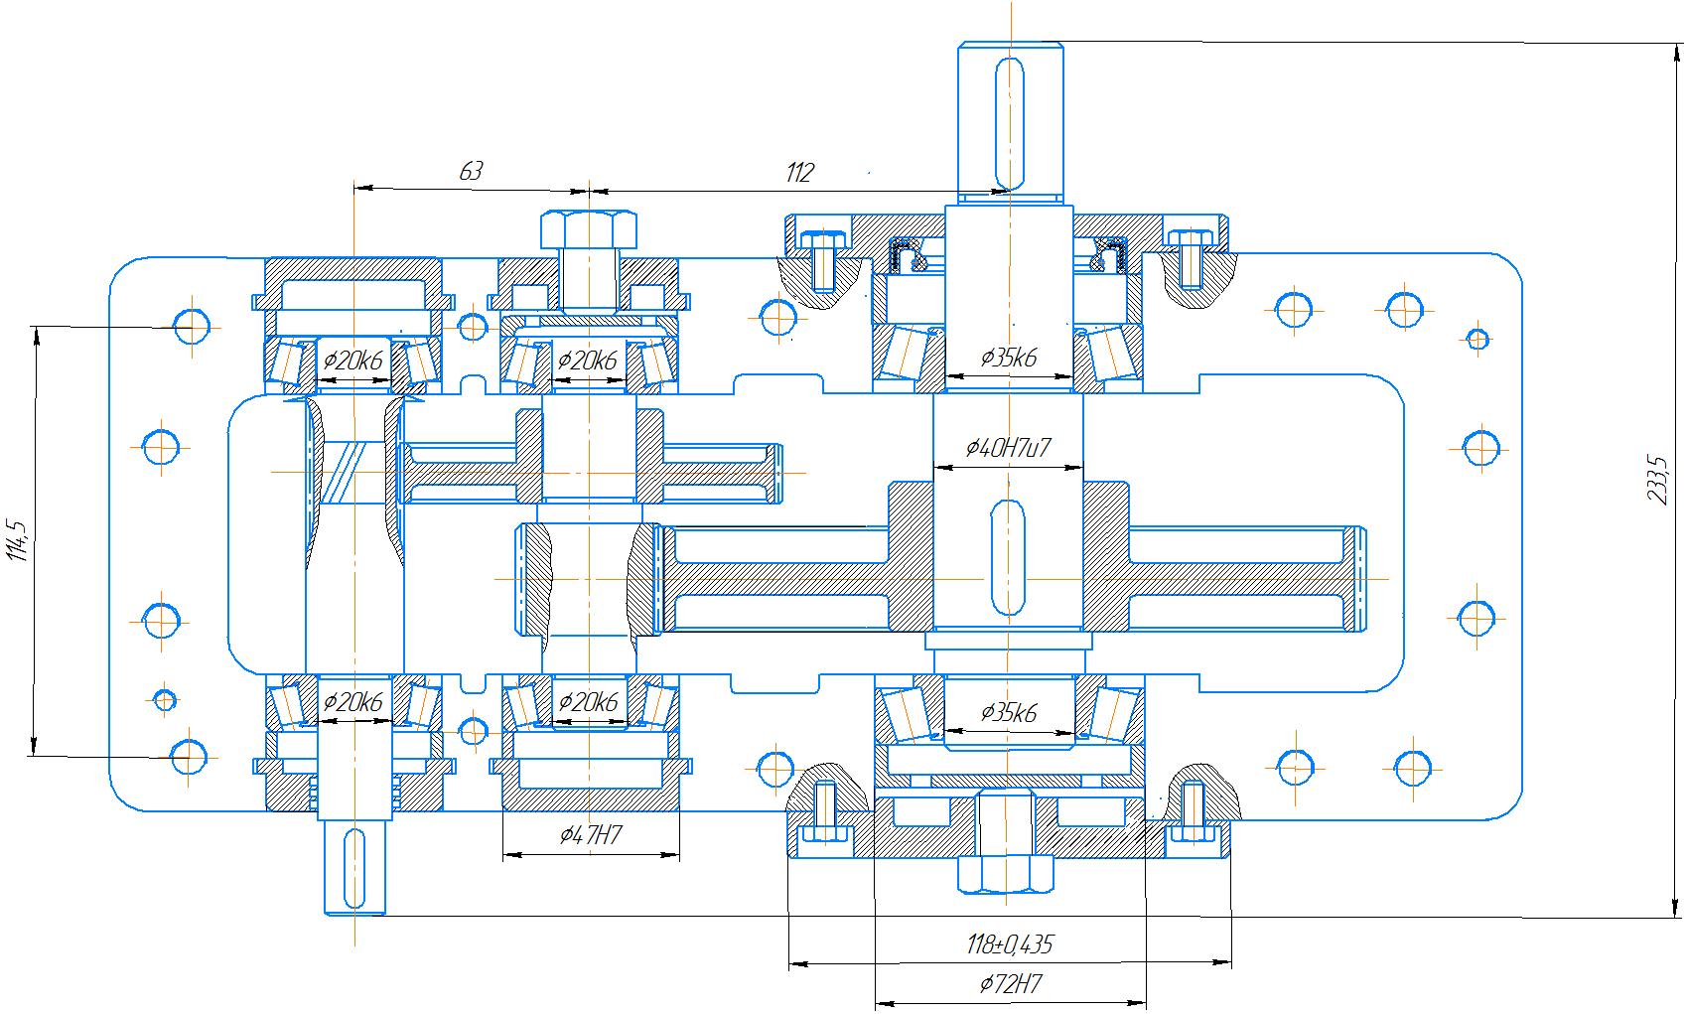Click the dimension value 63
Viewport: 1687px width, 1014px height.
click(x=471, y=171)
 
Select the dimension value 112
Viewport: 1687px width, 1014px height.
click(x=799, y=173)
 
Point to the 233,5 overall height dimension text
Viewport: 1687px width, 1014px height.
click(x=1655, y=480)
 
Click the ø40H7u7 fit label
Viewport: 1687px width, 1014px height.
click(x=1008, y=449)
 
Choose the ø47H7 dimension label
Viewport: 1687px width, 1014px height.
click(x=591, y=836)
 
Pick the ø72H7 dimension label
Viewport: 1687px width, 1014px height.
click(x=1010, y=985)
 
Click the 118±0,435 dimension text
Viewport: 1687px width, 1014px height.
click(x=1009, y=944)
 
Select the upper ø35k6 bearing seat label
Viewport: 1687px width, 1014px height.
click(x=1008, y=359)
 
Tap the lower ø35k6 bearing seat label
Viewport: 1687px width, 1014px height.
click(x=1008, y=713)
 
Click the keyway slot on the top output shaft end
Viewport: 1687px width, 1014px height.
click(x=1010, y=124)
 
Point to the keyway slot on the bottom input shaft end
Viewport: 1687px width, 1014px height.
click(x=354, y=868)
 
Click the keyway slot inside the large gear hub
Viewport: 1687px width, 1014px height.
click(x=1007, y=557)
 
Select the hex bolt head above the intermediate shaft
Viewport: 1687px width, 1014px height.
click(x=589, y=229)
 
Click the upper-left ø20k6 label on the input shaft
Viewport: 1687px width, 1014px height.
click(x=352, y=361)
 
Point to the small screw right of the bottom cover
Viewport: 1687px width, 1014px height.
click(x=1192, y=812)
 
